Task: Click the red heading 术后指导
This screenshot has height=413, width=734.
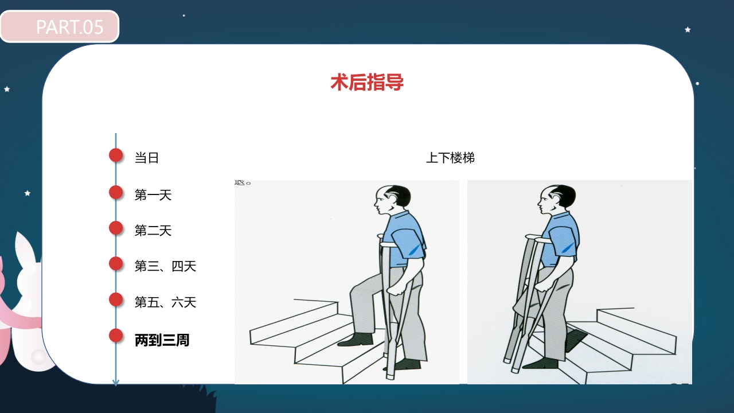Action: [367, 83]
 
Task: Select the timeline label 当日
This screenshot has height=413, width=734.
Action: [147, 158]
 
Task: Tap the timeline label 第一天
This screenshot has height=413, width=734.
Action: [153, 195]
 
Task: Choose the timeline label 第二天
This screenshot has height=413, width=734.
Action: [153, 231]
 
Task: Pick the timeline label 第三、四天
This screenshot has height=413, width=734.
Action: [166, 266]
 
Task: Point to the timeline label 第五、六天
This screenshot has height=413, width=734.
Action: [166, 302]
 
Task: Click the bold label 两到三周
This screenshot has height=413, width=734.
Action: [162, 340]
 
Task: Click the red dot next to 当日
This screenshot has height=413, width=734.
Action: [116, 155]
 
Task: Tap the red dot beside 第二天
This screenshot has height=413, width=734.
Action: [116, 228]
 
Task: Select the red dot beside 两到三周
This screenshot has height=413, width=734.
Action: [116, 336]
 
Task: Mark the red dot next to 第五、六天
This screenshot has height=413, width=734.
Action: [116, 299]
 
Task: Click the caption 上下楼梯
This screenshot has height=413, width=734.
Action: [450, 158]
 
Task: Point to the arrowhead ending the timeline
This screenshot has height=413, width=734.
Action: [116, 382]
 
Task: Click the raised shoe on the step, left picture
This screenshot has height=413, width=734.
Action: [356, 340]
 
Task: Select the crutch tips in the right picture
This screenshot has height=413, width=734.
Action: [512, 363]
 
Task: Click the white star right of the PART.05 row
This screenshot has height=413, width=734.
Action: [688, 29]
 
